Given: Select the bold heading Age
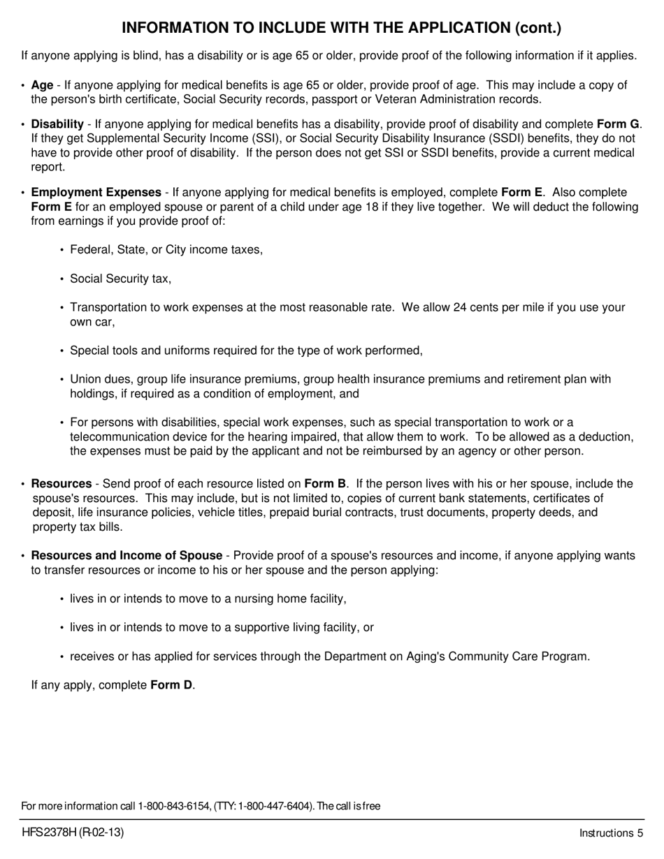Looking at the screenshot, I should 42,85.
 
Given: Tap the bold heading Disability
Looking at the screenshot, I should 57,124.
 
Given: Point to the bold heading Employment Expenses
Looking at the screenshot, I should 96,192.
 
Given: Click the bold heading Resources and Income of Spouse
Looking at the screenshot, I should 127,556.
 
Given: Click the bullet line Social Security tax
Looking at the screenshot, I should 120,279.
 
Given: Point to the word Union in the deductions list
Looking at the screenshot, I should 85,379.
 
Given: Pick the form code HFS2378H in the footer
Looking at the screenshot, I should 48,832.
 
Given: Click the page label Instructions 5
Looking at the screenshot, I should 610,833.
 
